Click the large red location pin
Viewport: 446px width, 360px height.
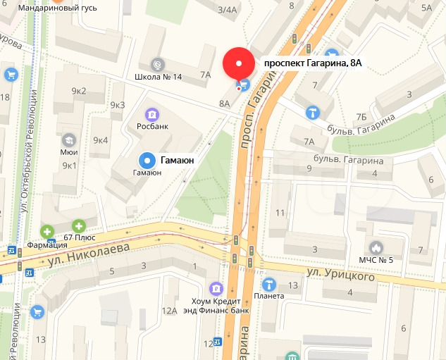click(238, 64)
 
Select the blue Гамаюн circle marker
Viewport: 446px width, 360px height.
click(147, 160)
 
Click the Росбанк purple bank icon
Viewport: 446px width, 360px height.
click(150, 114)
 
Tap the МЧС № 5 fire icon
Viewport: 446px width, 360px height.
click(376, 247)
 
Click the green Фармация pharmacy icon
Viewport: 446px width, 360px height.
click(47, 231)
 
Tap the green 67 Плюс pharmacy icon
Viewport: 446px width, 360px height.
click(79, 226)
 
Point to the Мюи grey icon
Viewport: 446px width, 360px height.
click(68, 139)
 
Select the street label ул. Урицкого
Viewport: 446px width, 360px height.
click(340, 278)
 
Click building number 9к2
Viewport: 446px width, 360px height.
click(78, 90)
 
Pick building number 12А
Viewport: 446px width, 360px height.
click(169, 311)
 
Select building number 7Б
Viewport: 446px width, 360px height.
click(361, 116)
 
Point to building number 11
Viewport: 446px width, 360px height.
click(280, 213)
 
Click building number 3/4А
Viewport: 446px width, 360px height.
click(228, 9)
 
